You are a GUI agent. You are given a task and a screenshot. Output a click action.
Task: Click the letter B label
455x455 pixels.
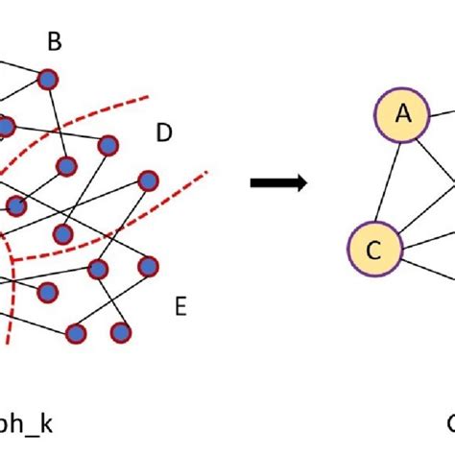(55, 41)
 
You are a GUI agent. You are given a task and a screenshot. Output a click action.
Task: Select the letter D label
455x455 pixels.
(163, 133)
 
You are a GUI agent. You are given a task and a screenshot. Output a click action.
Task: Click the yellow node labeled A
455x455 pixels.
(404, 115)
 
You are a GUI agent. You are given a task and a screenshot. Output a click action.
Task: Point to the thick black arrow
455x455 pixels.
(278, 182)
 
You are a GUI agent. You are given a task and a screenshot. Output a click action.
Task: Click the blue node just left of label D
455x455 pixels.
(108, 144)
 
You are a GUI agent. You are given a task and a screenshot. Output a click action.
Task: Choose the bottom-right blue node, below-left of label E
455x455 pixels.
(120, 332)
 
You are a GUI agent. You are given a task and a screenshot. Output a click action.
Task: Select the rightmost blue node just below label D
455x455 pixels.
(147, 180)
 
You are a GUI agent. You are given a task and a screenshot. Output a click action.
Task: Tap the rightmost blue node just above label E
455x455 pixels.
(148, 265)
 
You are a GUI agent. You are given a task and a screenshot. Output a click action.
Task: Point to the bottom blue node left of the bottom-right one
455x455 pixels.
(75, 333)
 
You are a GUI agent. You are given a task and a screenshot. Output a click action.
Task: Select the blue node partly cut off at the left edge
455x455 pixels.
(5, 126)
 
